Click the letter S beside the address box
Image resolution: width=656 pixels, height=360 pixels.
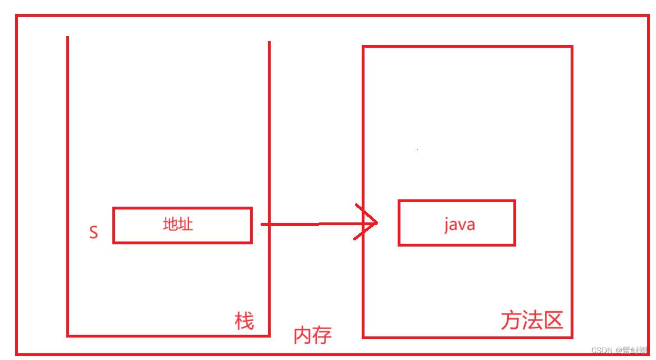93,233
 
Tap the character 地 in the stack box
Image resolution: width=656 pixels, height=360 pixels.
170,225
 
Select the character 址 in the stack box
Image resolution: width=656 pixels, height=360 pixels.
186,225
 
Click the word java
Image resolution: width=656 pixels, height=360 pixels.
459,225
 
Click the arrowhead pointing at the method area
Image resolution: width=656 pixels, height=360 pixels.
371,223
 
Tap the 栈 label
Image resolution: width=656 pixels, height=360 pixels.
244,322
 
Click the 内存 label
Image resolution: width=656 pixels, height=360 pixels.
313,335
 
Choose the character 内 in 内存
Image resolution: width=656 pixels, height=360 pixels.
303,335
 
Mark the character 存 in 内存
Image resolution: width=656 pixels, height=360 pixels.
322,335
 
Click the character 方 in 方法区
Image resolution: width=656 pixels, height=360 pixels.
511,321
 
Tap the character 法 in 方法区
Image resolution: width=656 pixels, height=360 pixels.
531,321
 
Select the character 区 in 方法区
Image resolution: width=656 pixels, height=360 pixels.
553,321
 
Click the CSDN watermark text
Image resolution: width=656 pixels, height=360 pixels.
602,350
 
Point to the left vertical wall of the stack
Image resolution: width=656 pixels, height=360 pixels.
67,168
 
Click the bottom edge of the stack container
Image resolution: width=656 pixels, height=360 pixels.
168,336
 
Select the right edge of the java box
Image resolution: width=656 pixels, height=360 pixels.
514,222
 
